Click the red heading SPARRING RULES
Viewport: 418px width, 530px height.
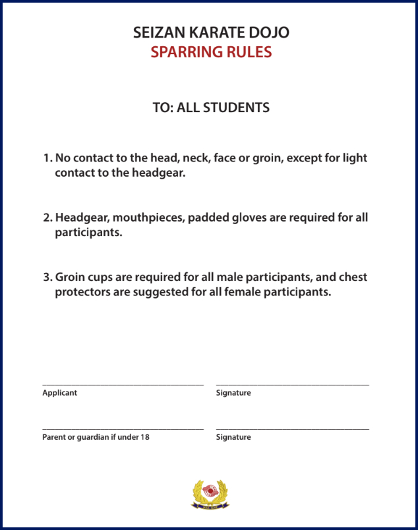pyautogui.click(x=211, y=52)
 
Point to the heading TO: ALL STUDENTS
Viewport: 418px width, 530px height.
pyautogui.click(x=211, y=107)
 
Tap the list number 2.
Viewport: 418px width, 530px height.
pyautogui.click(x=47, y=218)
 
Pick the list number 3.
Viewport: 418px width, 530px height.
pyautogui.click(x=47, y=277)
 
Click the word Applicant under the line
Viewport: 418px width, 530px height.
pyautogui.click(x=59, y=393)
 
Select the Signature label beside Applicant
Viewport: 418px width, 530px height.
pyautogui.click(x=233, y=393)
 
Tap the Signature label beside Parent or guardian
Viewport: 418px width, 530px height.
pyautogui.click(x=233, y=437)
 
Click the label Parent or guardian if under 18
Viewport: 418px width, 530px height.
pyautogui.click(x=96, y=437)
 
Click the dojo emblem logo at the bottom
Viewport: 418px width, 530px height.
pyautogui.click(x=210, y=494)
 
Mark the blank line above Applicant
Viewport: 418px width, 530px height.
pyautogui.click(x=123, y=384)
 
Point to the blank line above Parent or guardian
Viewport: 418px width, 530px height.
pyautogui.click(x=123, y=429)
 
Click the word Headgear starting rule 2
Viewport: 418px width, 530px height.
pyautogui.click(x=82, y=218)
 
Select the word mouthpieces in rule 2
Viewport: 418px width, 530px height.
pyautogui.click(x=147, y=218)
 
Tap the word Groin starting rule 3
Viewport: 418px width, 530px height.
pyautogui.click(x=71, y=277)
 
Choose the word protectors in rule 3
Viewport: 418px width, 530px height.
pyautogui.click(x=82, y=291)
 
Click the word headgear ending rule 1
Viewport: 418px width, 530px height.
pyautogui.click(x=154, y=173)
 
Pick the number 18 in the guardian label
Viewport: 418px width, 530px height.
pyautogui.click(x=145, y=437)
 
